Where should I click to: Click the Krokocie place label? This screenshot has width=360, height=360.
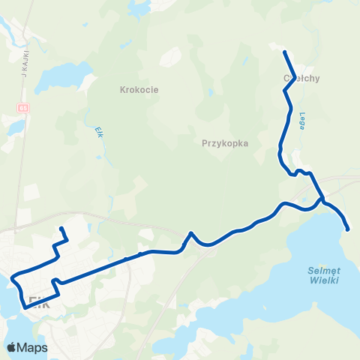[137, 90]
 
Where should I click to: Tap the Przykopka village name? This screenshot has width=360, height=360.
[225, 142]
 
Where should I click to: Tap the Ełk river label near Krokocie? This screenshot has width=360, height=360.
[98, 131]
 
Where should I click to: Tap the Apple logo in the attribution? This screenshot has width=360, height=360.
[11, 347]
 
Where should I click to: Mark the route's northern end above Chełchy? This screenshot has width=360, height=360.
[285, 52]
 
